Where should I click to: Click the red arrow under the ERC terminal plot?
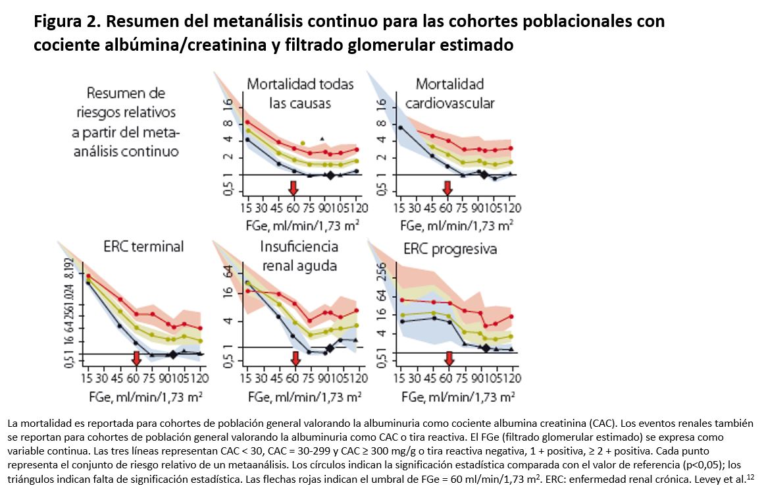tap(136, 358)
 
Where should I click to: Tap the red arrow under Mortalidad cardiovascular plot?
tap(447, 186)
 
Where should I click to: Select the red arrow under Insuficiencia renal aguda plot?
tap(294, 358)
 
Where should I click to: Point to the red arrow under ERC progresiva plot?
tap(449, 358)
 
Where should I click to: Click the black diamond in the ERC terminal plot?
tap(173, 354)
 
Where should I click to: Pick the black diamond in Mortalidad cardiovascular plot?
tap(484, 174)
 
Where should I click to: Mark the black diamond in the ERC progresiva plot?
tap(486, 348)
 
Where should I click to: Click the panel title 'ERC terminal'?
tap(143, 246)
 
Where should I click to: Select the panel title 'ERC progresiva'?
tap(451, 249)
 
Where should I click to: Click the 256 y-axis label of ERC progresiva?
tap(380, 272)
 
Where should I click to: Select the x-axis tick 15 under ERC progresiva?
tap(399, 378)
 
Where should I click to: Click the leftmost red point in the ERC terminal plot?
tap(88, 276)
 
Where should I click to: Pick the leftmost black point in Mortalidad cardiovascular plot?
tap(400, 127)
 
